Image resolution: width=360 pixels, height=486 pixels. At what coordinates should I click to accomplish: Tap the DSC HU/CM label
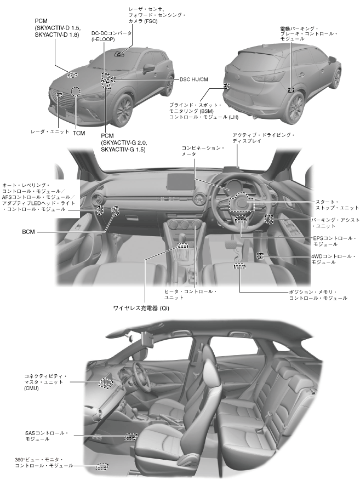[195, 79]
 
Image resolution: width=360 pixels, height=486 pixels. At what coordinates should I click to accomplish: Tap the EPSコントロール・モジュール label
[334, 242]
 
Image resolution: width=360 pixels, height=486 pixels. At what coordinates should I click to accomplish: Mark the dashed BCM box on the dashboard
[115, 211]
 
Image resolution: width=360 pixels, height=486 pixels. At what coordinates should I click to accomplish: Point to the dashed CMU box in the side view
[105, 383]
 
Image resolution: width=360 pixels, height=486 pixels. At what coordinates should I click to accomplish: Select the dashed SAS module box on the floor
[130, 437]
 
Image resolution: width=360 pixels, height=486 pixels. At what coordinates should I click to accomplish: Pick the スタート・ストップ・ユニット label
[329, 204]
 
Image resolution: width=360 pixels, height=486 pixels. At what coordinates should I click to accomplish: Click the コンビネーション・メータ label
[204, 151]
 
